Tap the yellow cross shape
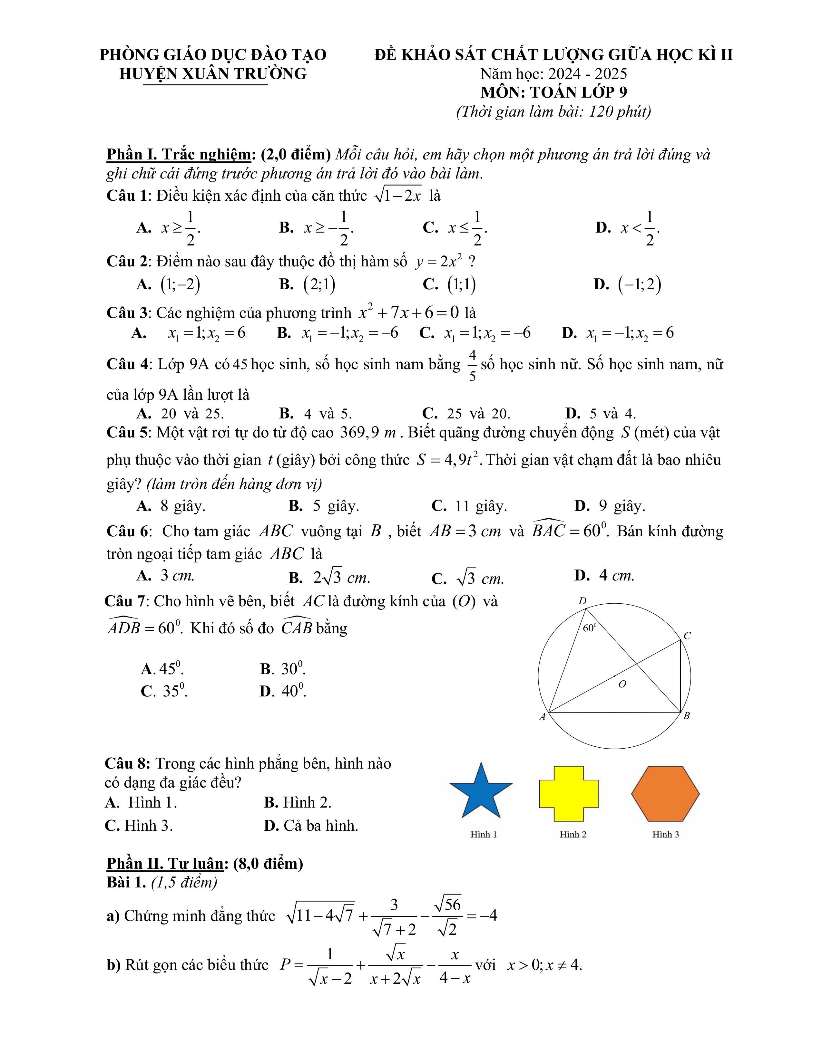(x=568, y=793)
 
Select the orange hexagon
(x=665, y=793)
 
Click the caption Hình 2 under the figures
(x=573, y=834)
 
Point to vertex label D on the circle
(x=582, y=601)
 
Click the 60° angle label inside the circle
(x=590, y=628)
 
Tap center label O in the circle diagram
(x=622, y=684)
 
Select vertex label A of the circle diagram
(x=542, y=716)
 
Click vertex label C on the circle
(x=687, y=636)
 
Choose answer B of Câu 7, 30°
(x=283, y=669)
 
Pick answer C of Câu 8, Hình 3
(x=139, y=826)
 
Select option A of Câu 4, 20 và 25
(x=181, y=414)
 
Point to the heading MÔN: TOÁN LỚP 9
(x=554, y=92)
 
